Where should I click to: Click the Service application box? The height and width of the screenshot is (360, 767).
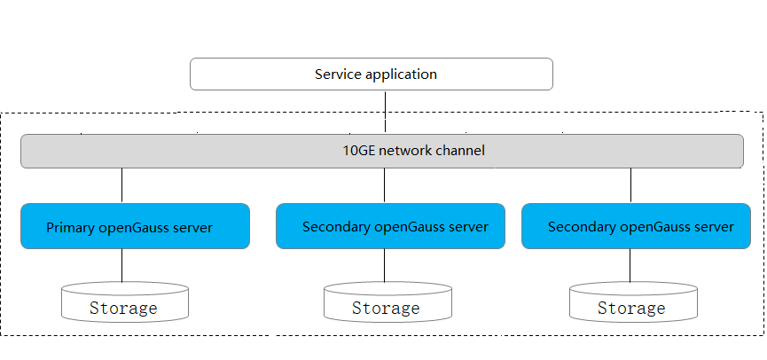tap(371, 74)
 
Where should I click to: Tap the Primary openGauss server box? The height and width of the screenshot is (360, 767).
tap(135, 227)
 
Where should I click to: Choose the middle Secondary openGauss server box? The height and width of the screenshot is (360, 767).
tap(390, 227)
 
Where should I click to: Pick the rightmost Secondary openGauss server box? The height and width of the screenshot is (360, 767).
tap(636, 227)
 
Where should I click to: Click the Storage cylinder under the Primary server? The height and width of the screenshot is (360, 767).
tap(124, 303)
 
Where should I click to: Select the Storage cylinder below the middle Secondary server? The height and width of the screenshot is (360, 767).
tap(386, 303)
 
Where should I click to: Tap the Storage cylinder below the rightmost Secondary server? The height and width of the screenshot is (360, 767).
tap(631, 303)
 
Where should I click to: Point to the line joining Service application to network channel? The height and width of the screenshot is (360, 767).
tap(385, 112)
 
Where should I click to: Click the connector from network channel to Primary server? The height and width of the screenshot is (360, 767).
tap(121, 185)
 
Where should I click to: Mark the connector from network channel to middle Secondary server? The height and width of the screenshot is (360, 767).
tap(385, 185)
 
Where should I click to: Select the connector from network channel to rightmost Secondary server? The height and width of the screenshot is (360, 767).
tap(630, 185)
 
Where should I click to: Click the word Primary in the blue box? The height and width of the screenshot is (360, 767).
tap(70, 228)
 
